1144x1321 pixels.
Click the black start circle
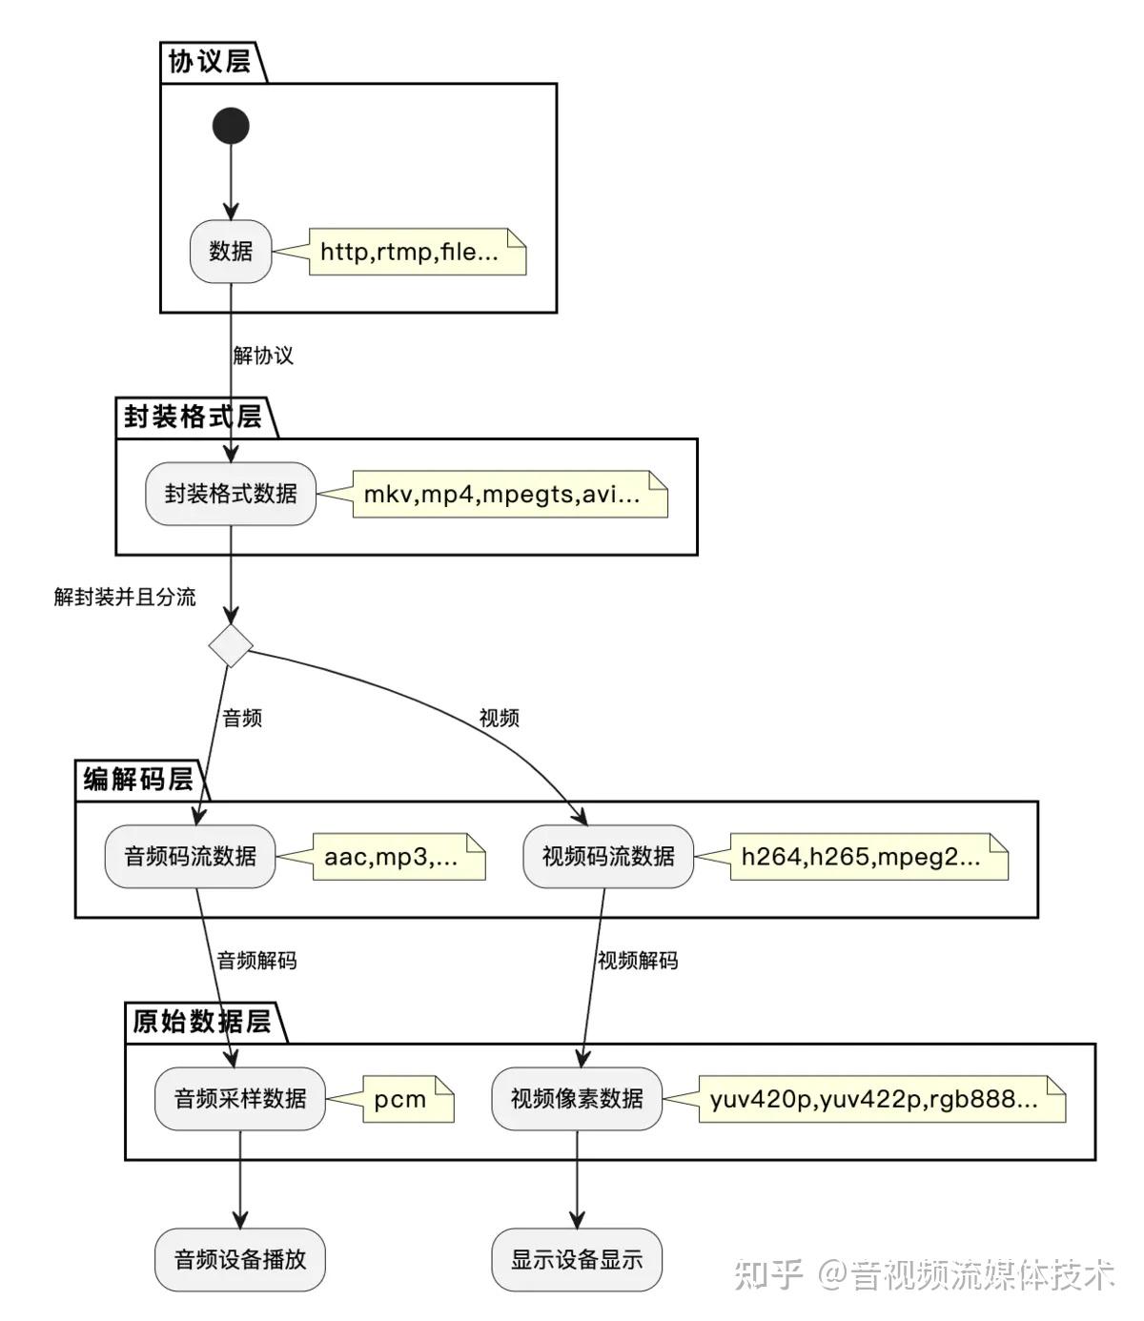tap(231, 125)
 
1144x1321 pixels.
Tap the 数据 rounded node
tap(231, 252)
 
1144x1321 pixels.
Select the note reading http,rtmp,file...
tap(418, 252)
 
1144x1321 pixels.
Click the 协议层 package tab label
tap(210, 62)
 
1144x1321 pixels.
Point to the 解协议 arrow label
tap(263, 356)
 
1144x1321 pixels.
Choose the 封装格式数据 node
tap(231, 494)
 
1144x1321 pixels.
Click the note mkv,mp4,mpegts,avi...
tap(510, 494)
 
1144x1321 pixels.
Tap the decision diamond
tap(231, 645)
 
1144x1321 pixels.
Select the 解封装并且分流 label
tap(125, 597)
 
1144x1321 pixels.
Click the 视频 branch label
tap(500, 718)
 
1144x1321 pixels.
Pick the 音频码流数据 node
tap(190, 857)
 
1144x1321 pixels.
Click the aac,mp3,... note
tap(398, 857)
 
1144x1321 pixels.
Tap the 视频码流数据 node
tap(608, 857)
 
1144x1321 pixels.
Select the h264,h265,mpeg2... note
tap(869, 857)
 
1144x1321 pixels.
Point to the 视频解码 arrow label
tap(637, 960)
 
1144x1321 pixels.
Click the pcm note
tap(408, 1099)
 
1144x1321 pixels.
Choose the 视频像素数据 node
tap(577, 1099)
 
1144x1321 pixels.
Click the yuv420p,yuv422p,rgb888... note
tap(882, 1099)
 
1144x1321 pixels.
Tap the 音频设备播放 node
tap(239, 1260)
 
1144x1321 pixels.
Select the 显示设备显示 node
tap(577, 1260)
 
